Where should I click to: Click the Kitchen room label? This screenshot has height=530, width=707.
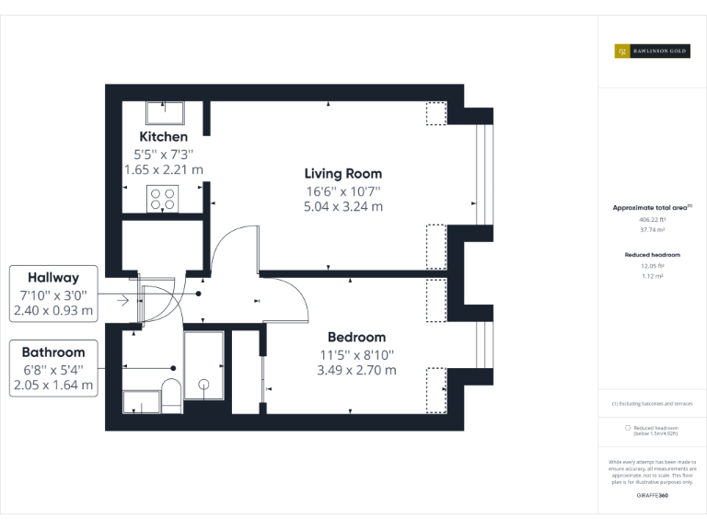click(x=163, y=137)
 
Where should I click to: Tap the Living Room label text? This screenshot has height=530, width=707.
click(x=343, y=173)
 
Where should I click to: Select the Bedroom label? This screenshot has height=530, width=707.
click(x=356, y=337)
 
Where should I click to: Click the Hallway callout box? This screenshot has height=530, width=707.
click(x=53, y=294)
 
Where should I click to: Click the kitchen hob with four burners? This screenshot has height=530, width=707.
click(x=163, y=199)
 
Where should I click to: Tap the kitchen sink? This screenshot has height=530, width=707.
click(x=165, y=112)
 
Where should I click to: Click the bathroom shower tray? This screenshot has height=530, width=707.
click(x=203, y=365)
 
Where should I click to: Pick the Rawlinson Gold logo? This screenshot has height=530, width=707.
click(x=652, y=52)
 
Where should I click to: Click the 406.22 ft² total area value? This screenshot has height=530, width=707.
click(x=652, y=220)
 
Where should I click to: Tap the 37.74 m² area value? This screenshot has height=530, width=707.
click(x=652, y=231)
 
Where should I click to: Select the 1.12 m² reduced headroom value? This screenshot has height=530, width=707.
click(x=652, y=275)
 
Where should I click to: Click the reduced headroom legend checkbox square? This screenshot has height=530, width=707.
click(x=628, y=428)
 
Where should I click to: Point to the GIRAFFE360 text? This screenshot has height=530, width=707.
click(x=652, y=496)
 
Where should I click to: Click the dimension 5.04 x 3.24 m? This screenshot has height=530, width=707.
click(x=343, y=207)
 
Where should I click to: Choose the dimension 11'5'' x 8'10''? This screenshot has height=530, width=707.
click(x=356, y=354)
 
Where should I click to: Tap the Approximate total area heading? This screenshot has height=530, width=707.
click(x=652, y=208)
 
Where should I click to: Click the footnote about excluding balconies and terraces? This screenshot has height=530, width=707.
click(x=652, y=403)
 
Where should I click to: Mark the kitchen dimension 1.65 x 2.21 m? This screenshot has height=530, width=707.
click(x=163, y=170)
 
